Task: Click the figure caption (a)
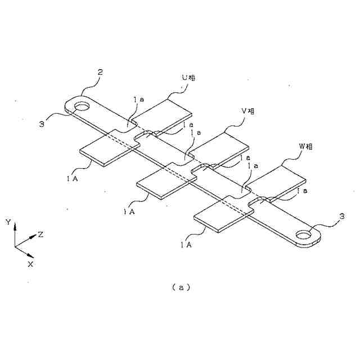(181, 287)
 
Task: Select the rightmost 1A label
(186, 245)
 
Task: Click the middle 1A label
(129, 211)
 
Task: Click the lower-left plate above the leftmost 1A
(108, 149)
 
